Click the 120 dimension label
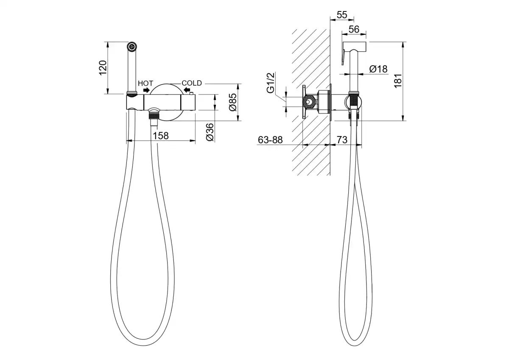(103, 67)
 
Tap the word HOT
(145, 84)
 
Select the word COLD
(192, 83)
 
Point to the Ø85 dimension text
(233, 102)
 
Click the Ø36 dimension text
(210, 132)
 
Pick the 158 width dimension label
(161, 136)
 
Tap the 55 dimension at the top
(342, 15)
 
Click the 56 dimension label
(354, 29)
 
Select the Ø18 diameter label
(378, 69)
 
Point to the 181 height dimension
(398, 81)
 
